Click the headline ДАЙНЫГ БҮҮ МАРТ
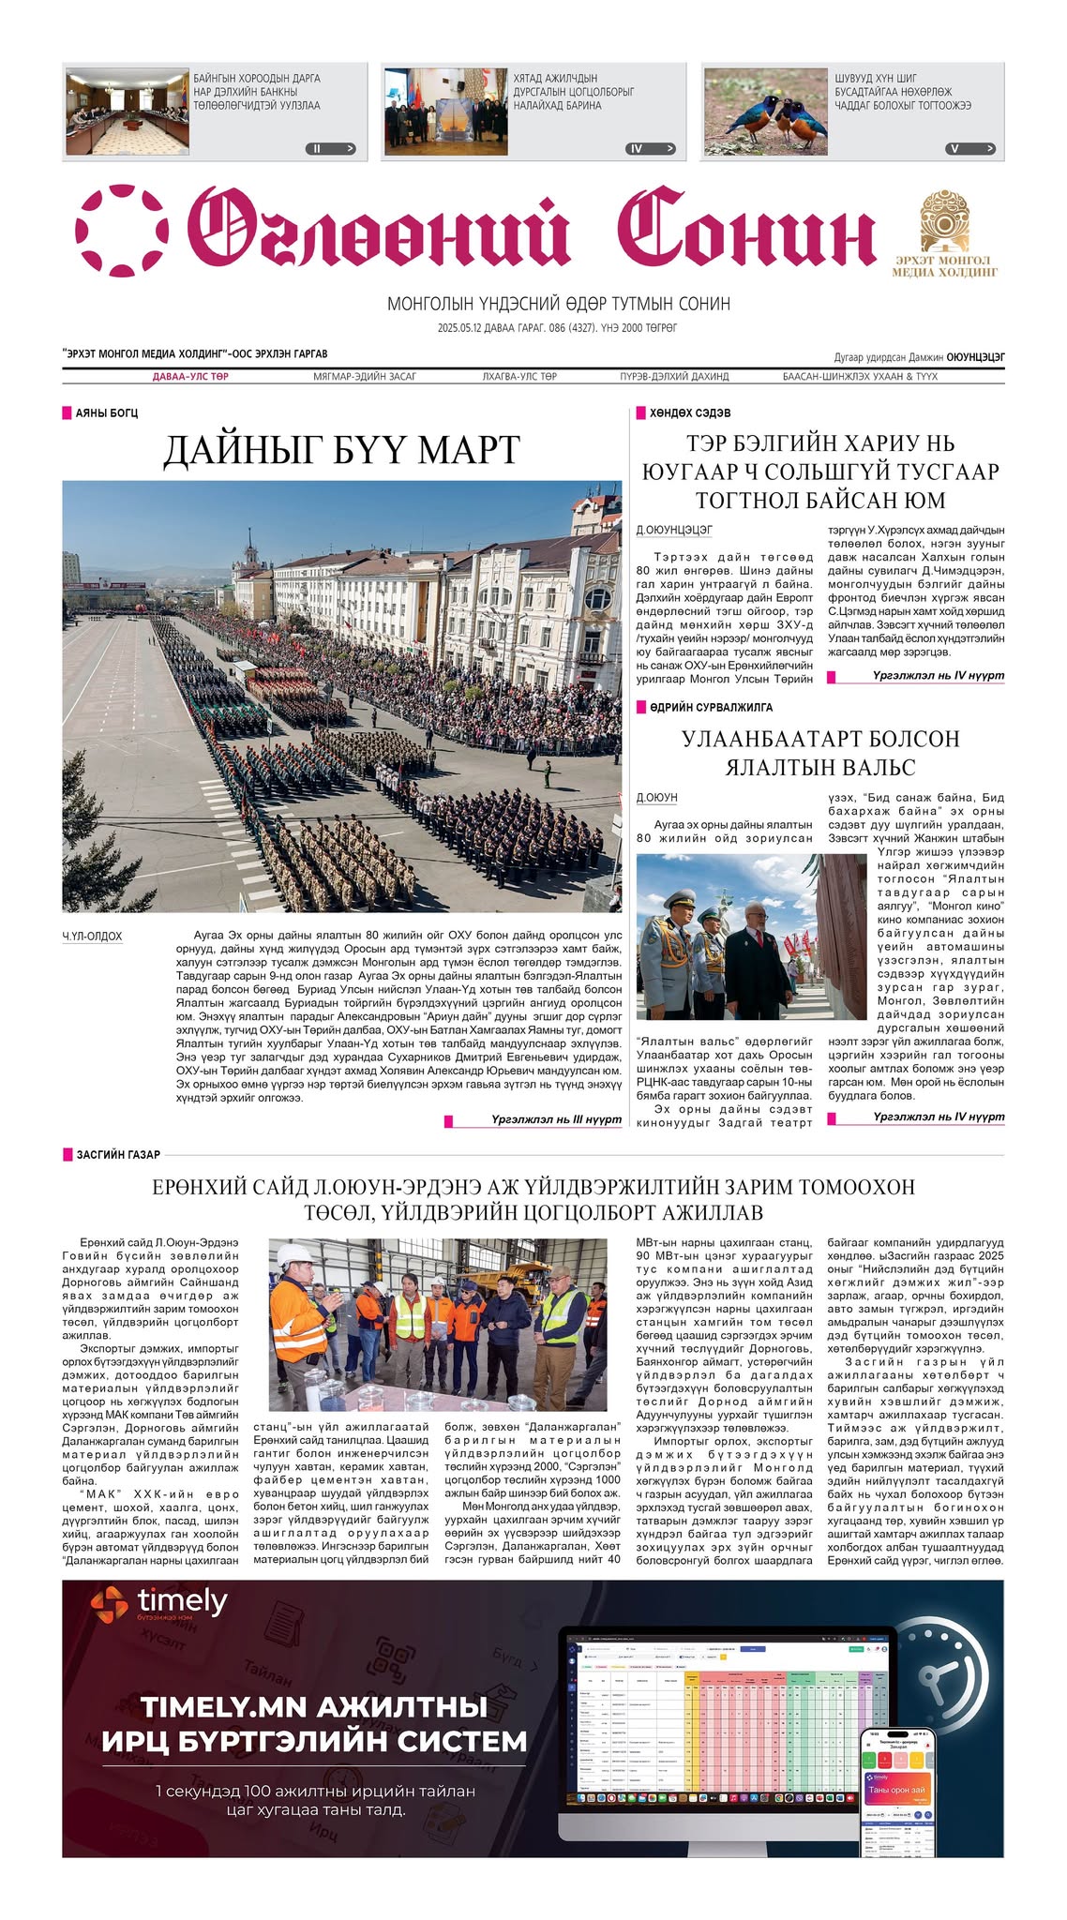(x=341, y=450)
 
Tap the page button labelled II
(x=331, y=148)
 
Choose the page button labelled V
(x=970, y=148)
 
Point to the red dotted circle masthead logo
(x=121, y=231)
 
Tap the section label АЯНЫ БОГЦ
(x=106, y=413)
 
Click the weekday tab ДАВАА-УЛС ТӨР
(x=190, y=377)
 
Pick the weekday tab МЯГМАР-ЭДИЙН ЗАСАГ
(x=365, y=377)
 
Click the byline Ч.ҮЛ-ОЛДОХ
(x=92, y=937)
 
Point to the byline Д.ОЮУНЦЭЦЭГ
(x=674, y=531)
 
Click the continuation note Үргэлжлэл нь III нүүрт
(x=555, y=1119)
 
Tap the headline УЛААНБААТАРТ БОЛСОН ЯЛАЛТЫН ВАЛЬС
(x=820, y=753)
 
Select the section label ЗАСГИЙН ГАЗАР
(x=117, y=1155)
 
